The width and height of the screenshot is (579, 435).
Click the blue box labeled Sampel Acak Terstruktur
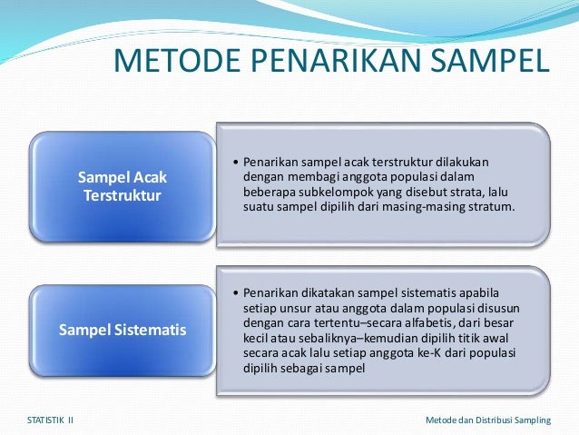122,186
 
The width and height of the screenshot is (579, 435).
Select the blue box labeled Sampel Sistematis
122,330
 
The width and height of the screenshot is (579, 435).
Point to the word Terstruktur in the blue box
123,195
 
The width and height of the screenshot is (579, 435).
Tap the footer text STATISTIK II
51,420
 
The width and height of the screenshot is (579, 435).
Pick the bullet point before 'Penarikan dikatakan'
235,294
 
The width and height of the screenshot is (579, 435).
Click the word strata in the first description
467,193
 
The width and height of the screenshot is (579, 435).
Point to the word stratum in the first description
491,207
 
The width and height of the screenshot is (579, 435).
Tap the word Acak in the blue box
149,178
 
